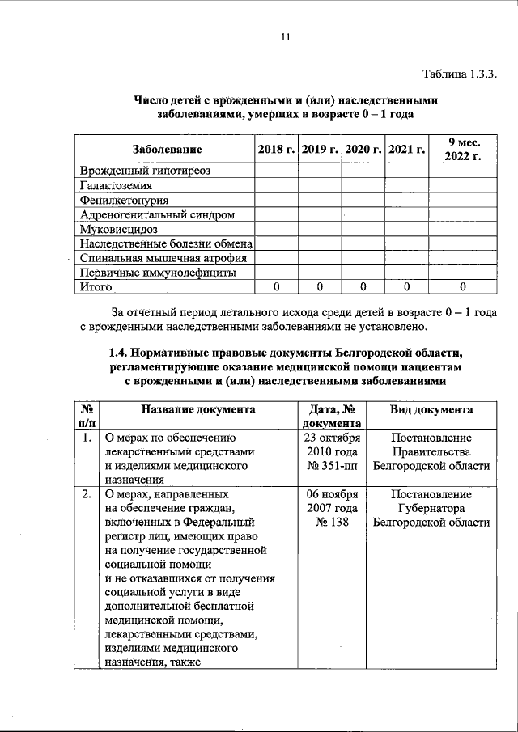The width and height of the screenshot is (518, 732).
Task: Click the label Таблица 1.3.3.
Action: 459,74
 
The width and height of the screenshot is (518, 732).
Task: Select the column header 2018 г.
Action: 276,150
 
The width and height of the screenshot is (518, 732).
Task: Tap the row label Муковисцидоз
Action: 117,229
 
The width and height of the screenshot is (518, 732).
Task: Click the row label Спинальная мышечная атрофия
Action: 163,258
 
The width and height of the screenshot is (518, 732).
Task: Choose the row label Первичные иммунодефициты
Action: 158,273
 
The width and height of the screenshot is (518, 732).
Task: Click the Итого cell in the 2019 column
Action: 320,287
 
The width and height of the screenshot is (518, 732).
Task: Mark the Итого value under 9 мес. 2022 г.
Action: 462,287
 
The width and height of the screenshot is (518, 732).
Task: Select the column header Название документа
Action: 197,410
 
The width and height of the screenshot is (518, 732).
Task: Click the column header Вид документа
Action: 431,410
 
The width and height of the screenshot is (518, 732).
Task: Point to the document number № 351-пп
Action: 332,466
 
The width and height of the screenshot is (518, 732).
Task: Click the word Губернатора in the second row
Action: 431,508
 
